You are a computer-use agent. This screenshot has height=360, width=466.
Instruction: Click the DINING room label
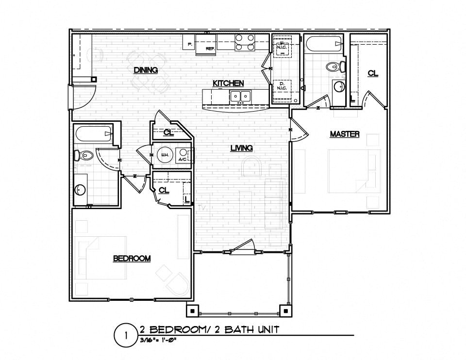coord(146,70)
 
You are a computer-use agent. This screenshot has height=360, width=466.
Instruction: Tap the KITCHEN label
coord(228,83)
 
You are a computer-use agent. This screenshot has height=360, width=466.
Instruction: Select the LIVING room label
coord(241,148)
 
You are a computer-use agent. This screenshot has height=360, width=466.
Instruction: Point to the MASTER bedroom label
coord(345,134)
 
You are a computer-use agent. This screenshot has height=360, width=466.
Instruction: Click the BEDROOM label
coord(132,259)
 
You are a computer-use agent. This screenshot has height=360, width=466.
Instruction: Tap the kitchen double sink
coord(240,96)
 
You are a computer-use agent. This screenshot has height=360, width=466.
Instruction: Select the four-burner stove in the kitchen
coord(245,42)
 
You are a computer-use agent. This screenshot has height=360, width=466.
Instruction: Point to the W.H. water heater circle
coord(164,155)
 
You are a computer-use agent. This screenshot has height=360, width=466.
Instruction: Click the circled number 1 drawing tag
coord(126,335)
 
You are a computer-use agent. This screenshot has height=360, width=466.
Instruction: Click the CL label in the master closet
coord(372,73)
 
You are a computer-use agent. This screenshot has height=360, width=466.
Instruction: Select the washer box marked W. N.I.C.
coord(282,47)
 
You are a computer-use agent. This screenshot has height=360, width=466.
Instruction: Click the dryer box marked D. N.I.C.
coord(282,88)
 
